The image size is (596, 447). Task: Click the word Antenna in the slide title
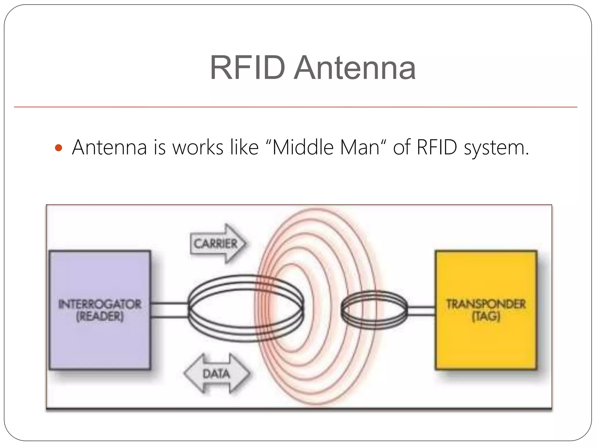[354, 68]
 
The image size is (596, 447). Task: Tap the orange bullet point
[58, 148]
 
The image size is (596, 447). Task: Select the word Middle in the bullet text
[303, 147]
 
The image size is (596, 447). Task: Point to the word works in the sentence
[198, 147]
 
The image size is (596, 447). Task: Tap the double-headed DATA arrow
[217, 374]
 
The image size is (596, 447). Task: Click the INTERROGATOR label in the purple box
[100, 304]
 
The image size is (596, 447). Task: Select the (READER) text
[100, 316]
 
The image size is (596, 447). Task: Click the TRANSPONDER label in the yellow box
[486, 304]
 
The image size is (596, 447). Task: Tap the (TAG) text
[486, 316]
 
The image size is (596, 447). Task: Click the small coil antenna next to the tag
[374, 310]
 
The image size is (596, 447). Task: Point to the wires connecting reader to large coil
[169, 310]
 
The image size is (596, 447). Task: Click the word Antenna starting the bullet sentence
[109, 147]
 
